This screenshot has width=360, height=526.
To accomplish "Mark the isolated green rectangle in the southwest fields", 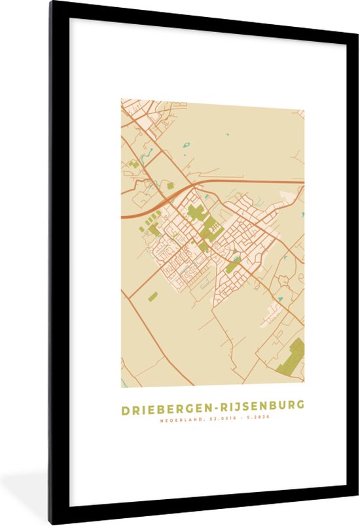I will point(153,296).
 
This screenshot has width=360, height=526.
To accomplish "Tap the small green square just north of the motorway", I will point(170,186).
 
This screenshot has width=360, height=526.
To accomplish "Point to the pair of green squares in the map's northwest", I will point(134,164).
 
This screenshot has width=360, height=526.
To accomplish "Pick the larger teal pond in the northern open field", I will point(185,146).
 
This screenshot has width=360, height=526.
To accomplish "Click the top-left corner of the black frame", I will point(50,3).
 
